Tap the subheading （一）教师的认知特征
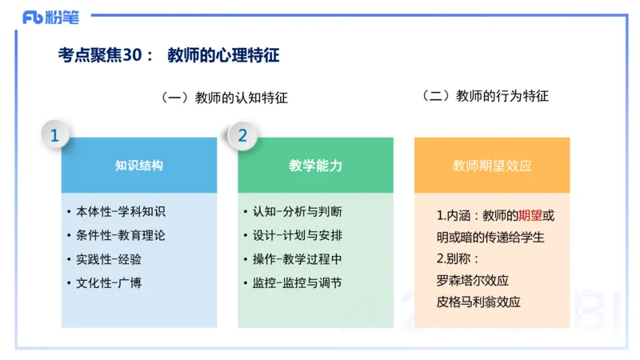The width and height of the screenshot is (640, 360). point(224,98)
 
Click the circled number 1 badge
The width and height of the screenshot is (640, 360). point(54,136)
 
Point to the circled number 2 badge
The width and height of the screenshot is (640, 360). point(242,136)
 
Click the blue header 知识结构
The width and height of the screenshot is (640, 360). point(139,166)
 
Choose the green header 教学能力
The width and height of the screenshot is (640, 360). point(315,166)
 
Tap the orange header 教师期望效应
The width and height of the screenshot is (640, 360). point(492,166)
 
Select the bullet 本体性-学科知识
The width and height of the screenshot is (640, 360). point(120,212)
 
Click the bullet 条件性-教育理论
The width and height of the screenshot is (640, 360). point(120,235)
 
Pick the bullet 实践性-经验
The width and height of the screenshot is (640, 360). point(109,259)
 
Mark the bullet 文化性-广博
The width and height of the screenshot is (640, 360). point(109,282)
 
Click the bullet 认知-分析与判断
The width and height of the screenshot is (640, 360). point(297,212)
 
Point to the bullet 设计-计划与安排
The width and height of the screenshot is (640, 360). point(297,235)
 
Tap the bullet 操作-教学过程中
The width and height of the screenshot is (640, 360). point(297,259)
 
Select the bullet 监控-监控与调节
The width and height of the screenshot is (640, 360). point(297,282)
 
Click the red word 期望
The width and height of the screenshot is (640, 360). point(530,216)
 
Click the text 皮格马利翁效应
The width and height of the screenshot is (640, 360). point(478,302)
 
